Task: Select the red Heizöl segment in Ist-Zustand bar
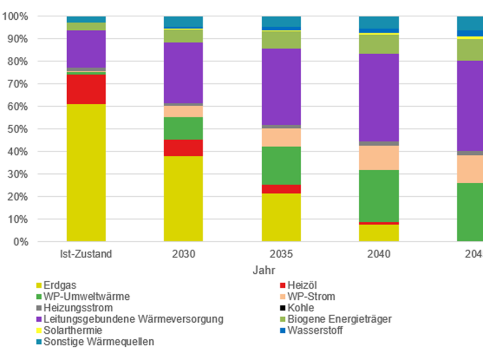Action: coord(86,89)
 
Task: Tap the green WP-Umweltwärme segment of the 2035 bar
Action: coord(281,165)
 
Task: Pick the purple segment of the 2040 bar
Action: coord(378,98)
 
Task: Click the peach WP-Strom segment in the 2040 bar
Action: coord(378,157)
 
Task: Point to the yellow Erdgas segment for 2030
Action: coord(183,198)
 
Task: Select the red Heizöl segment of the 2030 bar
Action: coord(183,147)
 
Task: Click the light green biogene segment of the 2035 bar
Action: coord(281,40)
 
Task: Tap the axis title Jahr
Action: coord(263,269)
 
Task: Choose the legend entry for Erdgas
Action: coord(59,285)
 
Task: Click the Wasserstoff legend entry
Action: coord(315,330)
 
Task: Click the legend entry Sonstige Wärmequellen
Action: coord(98,342)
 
